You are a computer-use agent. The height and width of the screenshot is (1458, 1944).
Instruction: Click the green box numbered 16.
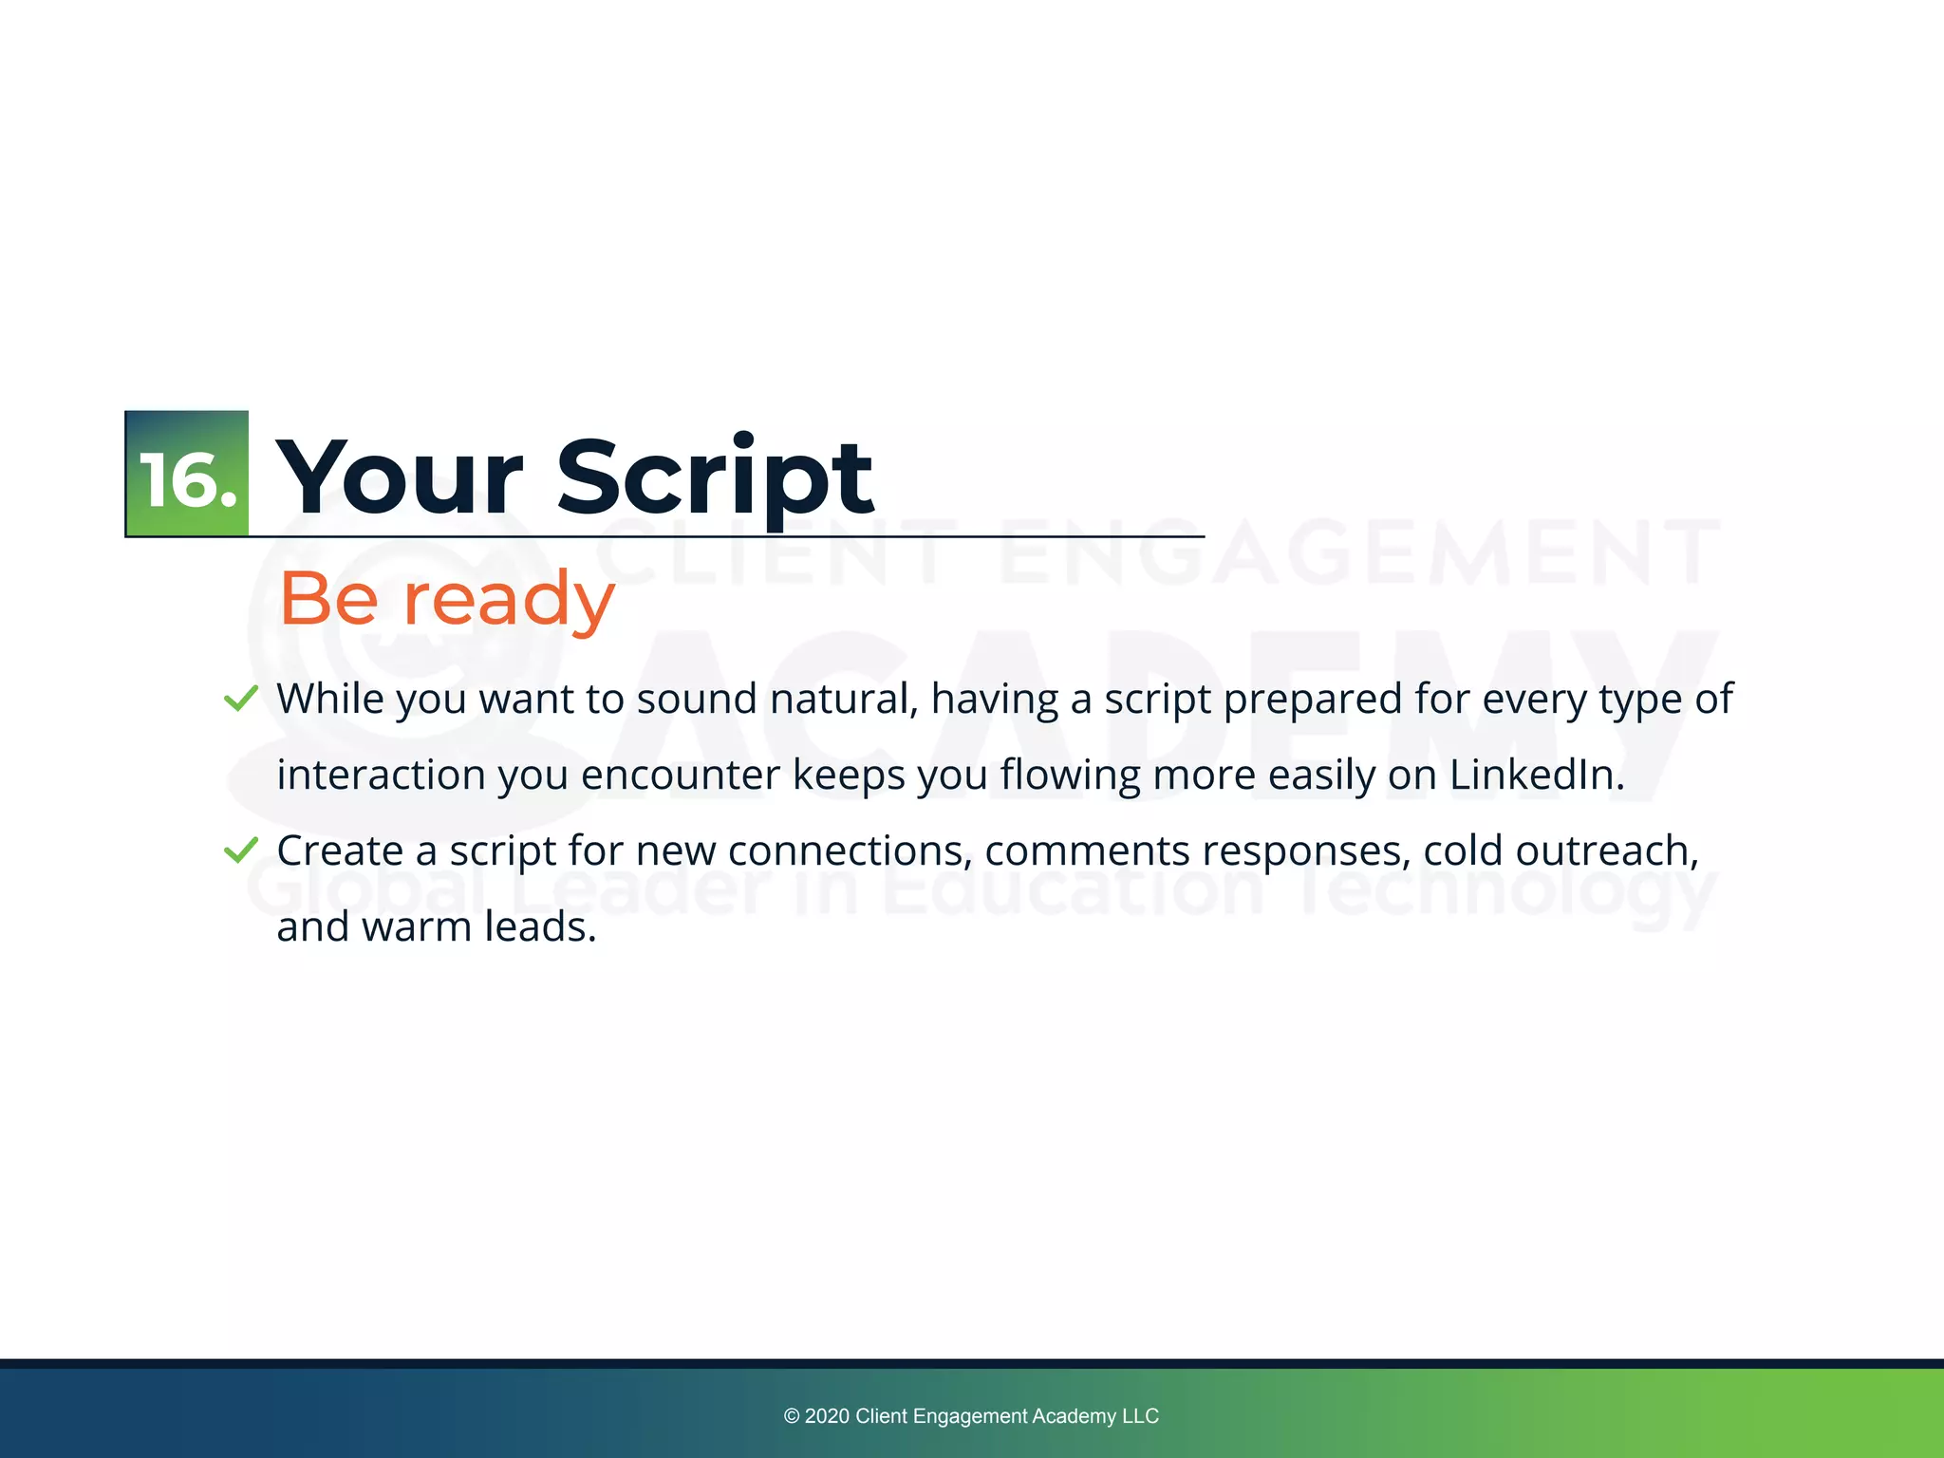click(x=187, y=474)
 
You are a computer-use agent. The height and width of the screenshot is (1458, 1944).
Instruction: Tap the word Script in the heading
click(x=714, y=479)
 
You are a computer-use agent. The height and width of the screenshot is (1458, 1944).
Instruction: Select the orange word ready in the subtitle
click(x=510, y=600)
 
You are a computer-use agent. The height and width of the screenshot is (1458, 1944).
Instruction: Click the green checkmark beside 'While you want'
click(x=241, y=700)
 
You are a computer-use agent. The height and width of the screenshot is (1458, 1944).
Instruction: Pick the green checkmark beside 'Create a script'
click(x=241, y=850)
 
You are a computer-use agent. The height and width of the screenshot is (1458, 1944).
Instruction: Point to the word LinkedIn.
click(x=1536, y=775)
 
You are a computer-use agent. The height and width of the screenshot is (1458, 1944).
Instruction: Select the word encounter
click(x=680, y=775)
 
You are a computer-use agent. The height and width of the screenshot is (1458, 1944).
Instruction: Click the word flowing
click(x=1069, y=776)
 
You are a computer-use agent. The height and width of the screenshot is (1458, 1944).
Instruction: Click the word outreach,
click(x=1606, y=850)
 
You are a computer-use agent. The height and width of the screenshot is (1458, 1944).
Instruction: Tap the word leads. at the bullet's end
click(x=540, y=926)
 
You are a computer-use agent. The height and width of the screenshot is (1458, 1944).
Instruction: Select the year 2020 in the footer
click(x=826, y=1416)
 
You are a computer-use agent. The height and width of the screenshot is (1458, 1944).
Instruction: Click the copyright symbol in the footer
click(x=792, y=1416)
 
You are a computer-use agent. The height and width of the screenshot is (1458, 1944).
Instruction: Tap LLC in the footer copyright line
click(x=1140, y=1416)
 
